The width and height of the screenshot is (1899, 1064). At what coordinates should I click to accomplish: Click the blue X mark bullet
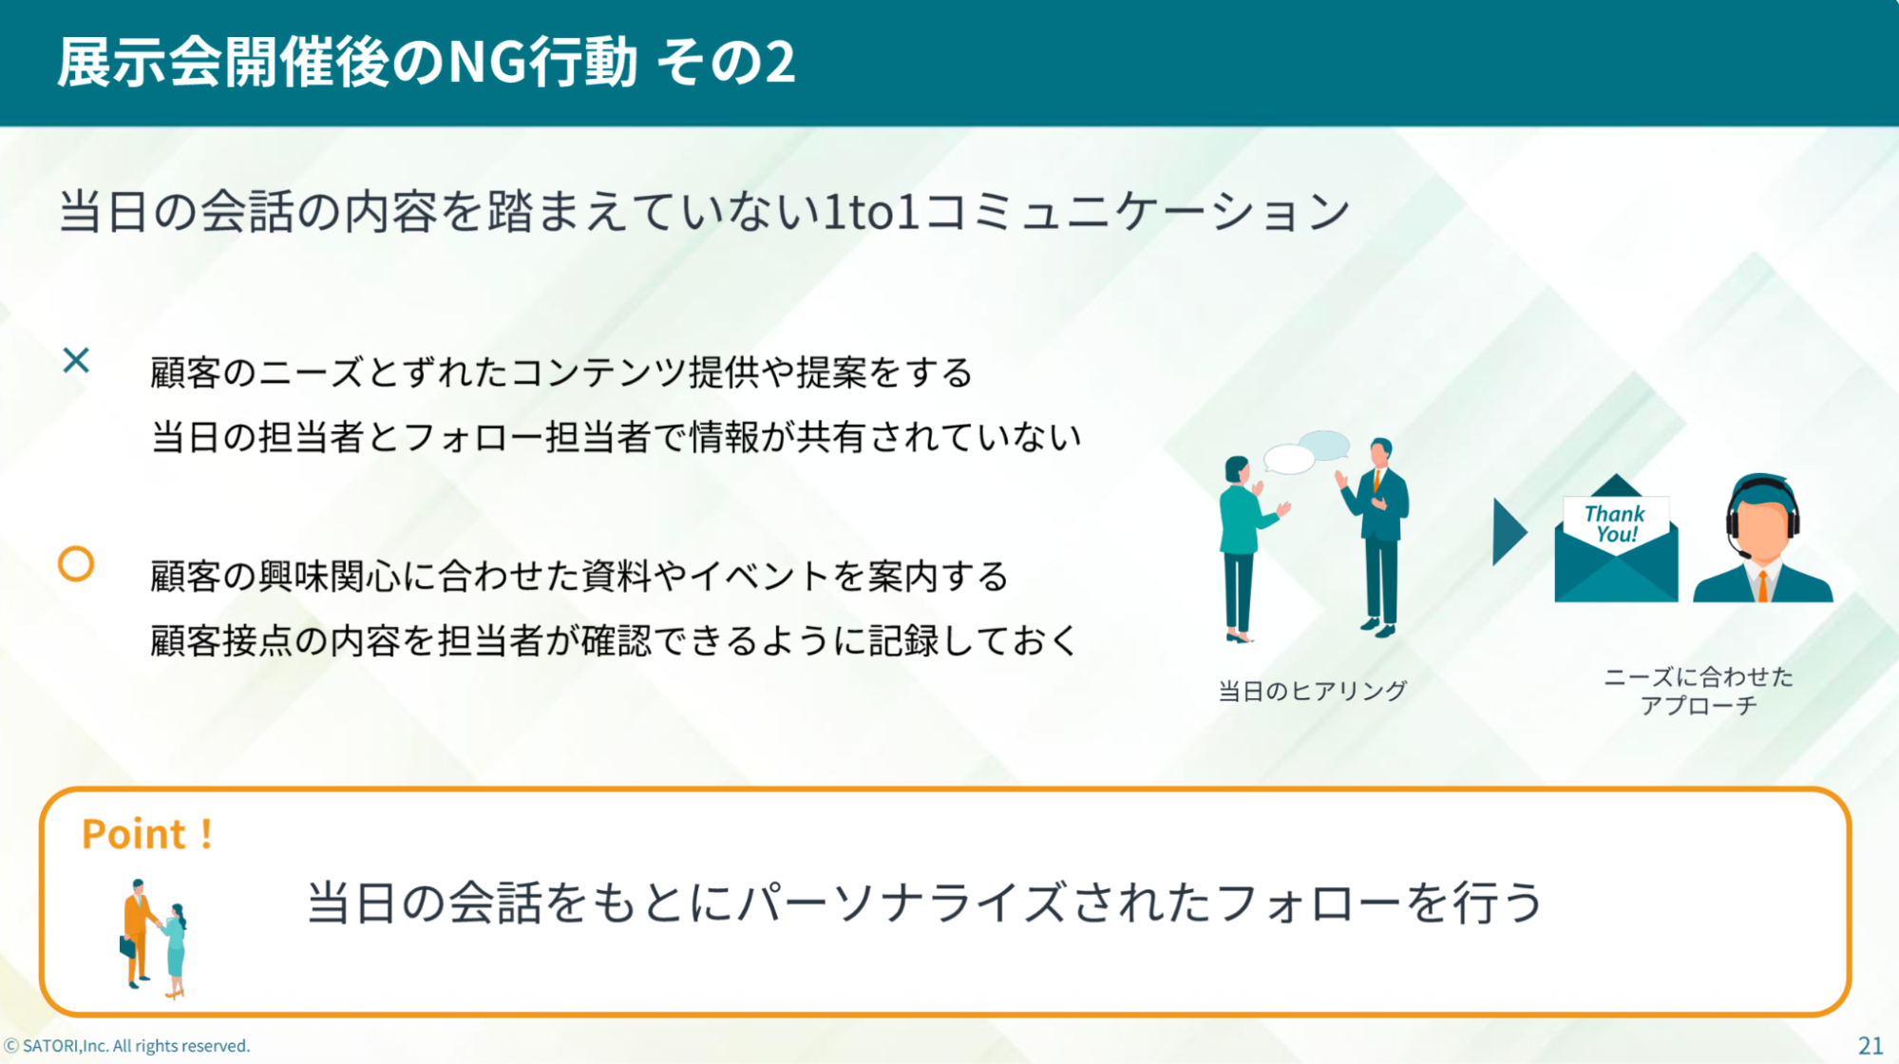76,360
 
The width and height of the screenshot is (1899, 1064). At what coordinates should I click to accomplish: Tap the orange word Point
134,834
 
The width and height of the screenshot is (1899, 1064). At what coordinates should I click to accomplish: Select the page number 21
1871,1046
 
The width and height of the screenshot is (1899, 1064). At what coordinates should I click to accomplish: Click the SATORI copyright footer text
127,1046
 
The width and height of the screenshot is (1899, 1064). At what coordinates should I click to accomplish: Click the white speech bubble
1289,459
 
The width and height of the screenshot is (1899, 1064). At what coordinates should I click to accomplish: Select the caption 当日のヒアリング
1312,691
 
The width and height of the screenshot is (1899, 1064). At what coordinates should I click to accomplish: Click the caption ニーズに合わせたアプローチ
1699,691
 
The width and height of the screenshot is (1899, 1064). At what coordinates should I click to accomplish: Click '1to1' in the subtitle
871,211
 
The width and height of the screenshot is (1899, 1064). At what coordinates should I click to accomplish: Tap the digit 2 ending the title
780,63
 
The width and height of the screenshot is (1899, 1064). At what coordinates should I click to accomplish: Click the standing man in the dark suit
1377,537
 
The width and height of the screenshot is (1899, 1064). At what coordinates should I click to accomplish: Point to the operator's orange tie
1763,584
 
